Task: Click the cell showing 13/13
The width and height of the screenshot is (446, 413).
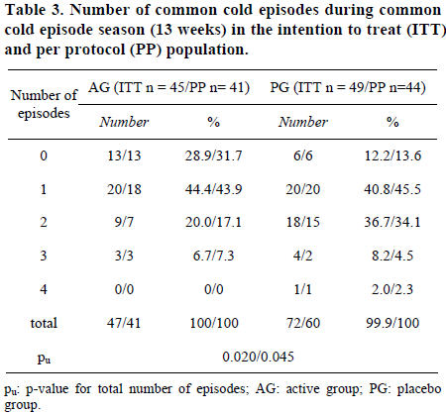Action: (x=124, y=155)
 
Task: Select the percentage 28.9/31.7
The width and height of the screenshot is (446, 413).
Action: (x=213, y=155)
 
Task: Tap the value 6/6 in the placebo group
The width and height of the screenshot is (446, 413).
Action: (x=303, y=155)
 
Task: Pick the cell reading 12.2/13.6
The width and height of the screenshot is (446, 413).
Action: (x=392, y=155)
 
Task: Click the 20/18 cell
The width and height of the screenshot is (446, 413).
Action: (x=124, y=189)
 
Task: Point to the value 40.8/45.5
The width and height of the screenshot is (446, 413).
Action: (x=392, y=189)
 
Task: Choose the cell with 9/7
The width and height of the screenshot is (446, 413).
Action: (x=124, y=222)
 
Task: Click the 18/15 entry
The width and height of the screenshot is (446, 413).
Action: (x=303, y=222)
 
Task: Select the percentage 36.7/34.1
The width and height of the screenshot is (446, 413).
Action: (x=392, y=222)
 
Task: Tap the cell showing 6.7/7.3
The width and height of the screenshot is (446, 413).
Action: (x=213, y=256)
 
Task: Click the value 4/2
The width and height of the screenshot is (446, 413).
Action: (x=303, y=256)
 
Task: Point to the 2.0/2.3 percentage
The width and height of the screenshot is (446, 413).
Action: (x=392, y=289)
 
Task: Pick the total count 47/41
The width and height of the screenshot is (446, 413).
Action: (x=124, y=323)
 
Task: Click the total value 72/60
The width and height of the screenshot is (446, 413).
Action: (x=303, y=323)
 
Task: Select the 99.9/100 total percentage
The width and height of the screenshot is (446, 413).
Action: (x=392, y=323)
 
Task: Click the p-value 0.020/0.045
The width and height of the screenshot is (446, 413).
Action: (x=258, y=357)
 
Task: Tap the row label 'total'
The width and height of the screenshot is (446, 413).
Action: (x=44, y=323)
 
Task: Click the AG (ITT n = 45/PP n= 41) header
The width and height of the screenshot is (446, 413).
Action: (x=168, y=87)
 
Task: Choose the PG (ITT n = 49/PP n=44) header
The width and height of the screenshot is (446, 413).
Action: (x=348, y=87)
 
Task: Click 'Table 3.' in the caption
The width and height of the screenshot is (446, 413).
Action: (x=35, y=10)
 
